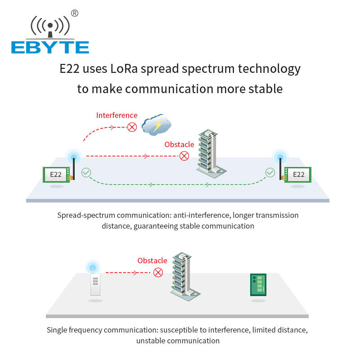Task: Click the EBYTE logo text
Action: click(x=50, y=47)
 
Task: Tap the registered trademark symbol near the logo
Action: click(x=75, y=13)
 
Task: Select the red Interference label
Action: click(x=117, y=115)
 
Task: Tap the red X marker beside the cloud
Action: click(x=132, y=127)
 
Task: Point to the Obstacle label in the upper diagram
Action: click(x=179, y=144)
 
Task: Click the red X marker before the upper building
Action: click(x=184, y=156)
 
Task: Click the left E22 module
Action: click(x=55, y=175)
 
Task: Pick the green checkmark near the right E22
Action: click(x=270, y=172)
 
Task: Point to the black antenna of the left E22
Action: click(x=72, y=167)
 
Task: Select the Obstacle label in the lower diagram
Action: click(x=152, y=261)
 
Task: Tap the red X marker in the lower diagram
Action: click(x=158, y=272)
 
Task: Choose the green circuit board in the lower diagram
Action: click(x=258, y=284)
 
